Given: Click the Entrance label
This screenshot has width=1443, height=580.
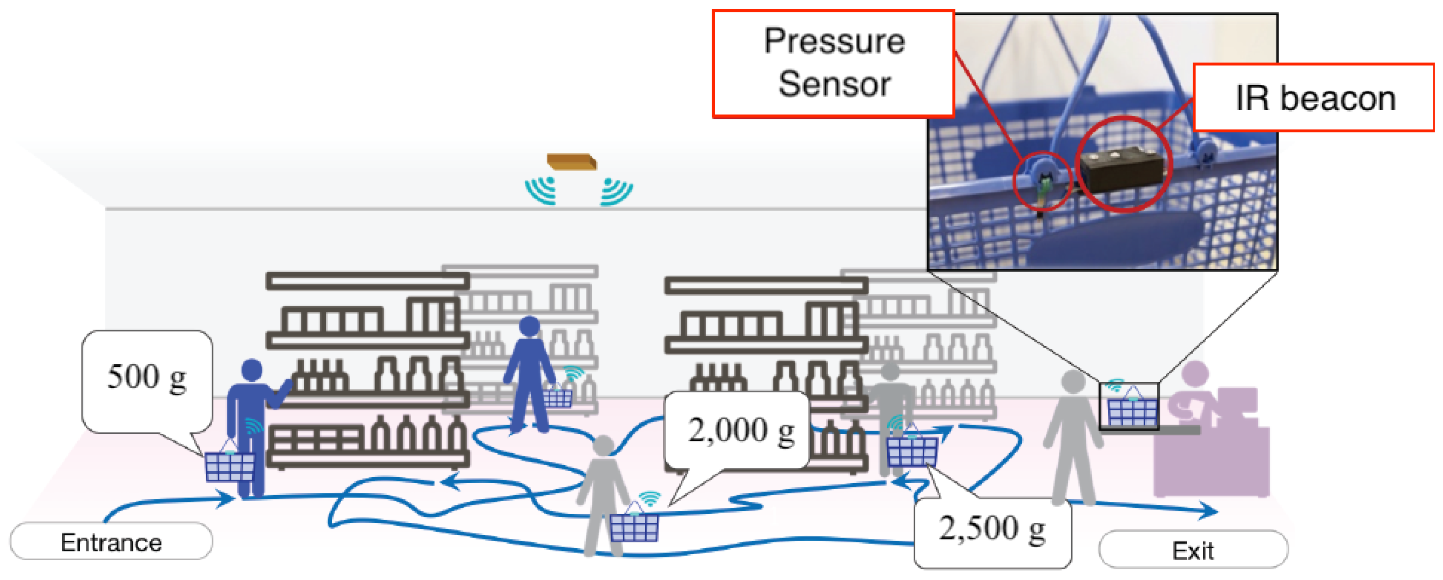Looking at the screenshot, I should point(111,542).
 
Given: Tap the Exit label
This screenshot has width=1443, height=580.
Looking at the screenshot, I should point(1193,550).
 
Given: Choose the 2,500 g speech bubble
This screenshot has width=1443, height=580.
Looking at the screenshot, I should point(992,530).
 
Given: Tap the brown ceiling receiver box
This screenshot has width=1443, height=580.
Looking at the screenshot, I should point(571,161).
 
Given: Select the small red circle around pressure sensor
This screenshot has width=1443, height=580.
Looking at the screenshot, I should point(1042,181).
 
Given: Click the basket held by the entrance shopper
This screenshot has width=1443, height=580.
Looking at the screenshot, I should point(230,465).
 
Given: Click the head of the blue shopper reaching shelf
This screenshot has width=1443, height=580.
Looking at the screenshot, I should point(252,370).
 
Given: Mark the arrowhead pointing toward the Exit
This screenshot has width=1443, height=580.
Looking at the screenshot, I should point(1210,510).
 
